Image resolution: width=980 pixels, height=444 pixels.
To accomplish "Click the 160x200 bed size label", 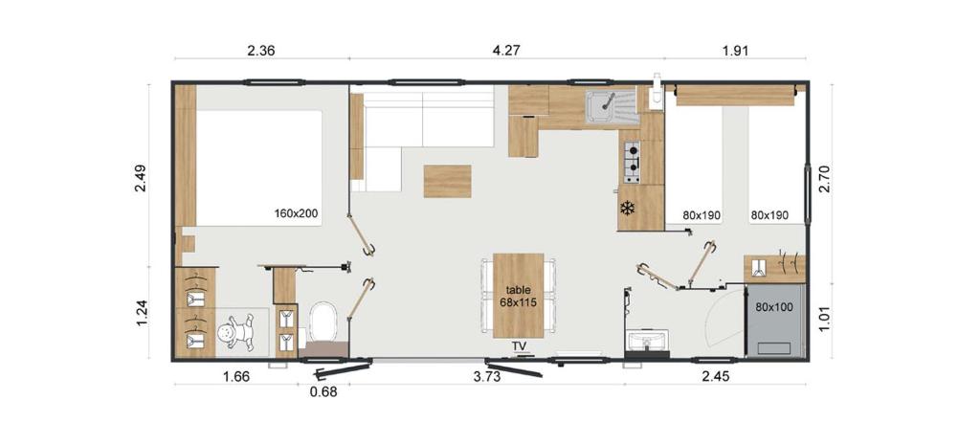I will tap(296, 213).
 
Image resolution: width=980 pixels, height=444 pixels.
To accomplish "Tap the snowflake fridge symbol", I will tap(628, 209).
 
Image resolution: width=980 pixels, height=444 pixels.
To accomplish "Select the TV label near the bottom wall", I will tap(519, 345).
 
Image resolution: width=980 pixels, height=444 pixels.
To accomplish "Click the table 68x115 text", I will tap(518, 296).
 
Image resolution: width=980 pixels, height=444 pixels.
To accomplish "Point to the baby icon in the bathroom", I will tap(233, 336).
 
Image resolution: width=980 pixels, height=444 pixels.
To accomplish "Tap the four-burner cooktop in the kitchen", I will tap(632, 162).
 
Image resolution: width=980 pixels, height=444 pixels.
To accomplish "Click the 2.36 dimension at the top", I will tap(261, 52).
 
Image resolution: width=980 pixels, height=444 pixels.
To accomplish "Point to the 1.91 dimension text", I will tap(734, 52).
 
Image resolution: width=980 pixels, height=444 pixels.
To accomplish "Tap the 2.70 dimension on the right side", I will tap(823, 178).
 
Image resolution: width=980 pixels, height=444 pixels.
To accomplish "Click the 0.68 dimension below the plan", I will tap(323, 390).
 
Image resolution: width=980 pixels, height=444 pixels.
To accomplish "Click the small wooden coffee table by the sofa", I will tap(447, 181).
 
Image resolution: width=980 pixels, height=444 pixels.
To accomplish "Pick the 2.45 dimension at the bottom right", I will tap(715, 376).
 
